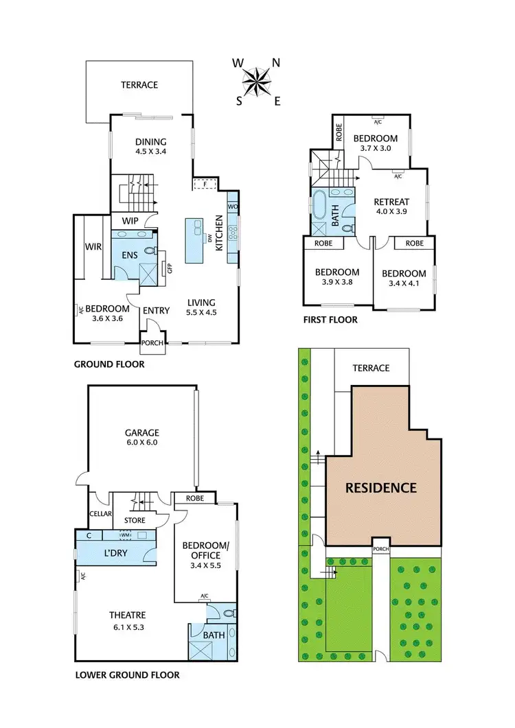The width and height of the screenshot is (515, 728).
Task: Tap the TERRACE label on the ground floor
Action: [x=139, y=85]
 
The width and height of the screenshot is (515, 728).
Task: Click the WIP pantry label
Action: [x=131, y=221]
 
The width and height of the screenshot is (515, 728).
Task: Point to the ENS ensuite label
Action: [x=130, y=255]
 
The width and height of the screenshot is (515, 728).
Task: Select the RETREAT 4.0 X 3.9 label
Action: [x=391, y=207]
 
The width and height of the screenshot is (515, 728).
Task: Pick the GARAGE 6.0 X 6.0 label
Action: [x=141, y=437]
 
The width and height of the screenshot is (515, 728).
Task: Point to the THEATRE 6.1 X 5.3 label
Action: [x=127, y=620]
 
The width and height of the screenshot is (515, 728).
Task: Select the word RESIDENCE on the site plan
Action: [x=380, y=488]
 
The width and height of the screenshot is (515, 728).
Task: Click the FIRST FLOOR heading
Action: [x=330, y=320]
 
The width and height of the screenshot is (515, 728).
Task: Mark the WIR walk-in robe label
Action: [x=93, y=245]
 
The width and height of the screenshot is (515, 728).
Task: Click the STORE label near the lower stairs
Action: [x=134, y=519]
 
